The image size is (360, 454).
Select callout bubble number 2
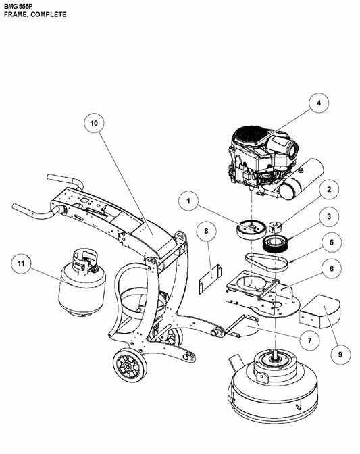pyautogui.click(x=328, y=191)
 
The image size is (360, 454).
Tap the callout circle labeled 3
pyautogui.click(x=328, y=216)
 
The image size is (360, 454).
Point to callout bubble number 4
pyautogui.click(x=319, y=104)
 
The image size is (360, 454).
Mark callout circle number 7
pyautogui.click(x=308, y=340)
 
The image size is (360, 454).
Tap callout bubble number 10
pyautogui.click(x=94, y=124)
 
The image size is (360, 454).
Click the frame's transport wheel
pyautogui.click(x=128, y=368)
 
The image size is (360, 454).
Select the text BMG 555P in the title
pyautogui.click(x=19, y=5)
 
